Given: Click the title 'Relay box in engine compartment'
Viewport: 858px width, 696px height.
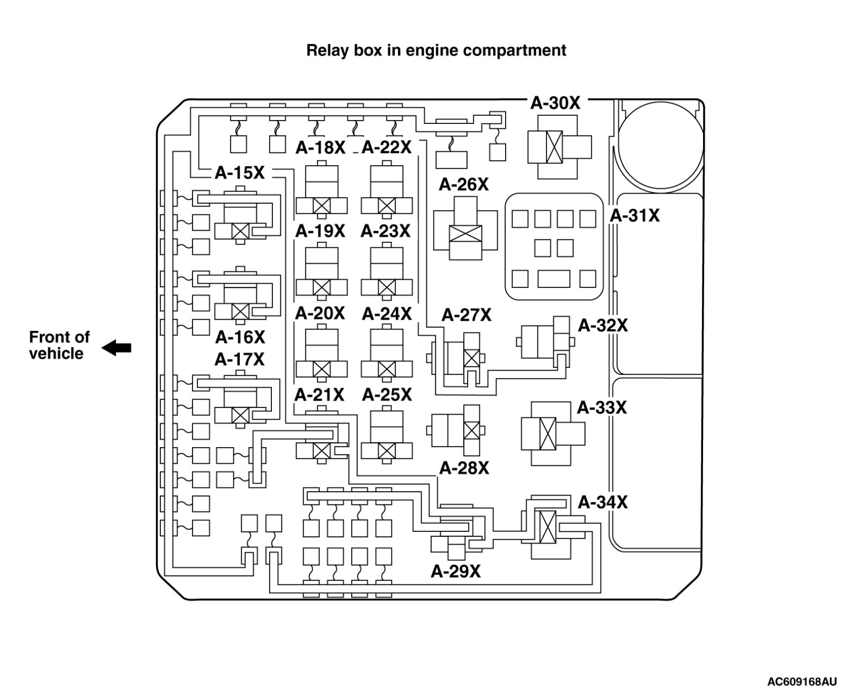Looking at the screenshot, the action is point(436,50).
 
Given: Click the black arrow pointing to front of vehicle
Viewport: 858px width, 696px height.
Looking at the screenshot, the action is point(116,347).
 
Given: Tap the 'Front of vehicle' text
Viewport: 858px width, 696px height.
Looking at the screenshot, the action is point(59,345).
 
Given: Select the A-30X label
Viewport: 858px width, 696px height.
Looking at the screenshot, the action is point(555,103).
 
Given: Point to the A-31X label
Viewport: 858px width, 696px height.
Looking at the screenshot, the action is point(635,216).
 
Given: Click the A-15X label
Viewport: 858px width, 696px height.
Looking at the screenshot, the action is point(240,173).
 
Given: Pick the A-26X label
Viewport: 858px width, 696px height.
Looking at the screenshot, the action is point(464,184).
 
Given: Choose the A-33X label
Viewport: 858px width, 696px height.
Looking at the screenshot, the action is point(602,408).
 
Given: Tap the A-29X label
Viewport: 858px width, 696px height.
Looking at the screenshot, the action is point(456,571).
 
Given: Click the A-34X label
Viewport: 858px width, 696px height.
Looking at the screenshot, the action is point(603,502).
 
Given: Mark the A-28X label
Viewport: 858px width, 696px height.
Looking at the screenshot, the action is point(464,468).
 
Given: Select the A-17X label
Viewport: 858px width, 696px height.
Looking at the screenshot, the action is point(239,359).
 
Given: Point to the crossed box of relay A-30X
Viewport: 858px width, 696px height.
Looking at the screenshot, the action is point(554,147).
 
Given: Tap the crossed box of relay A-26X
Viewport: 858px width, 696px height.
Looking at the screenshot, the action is point(465,234).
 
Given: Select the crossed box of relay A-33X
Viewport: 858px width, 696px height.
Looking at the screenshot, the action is point(548,434).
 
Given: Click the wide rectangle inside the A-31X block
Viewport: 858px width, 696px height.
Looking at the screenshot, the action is point(554,279).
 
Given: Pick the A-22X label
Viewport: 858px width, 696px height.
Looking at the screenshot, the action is point(386,147).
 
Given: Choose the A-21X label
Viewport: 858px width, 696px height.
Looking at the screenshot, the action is point(320,395).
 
